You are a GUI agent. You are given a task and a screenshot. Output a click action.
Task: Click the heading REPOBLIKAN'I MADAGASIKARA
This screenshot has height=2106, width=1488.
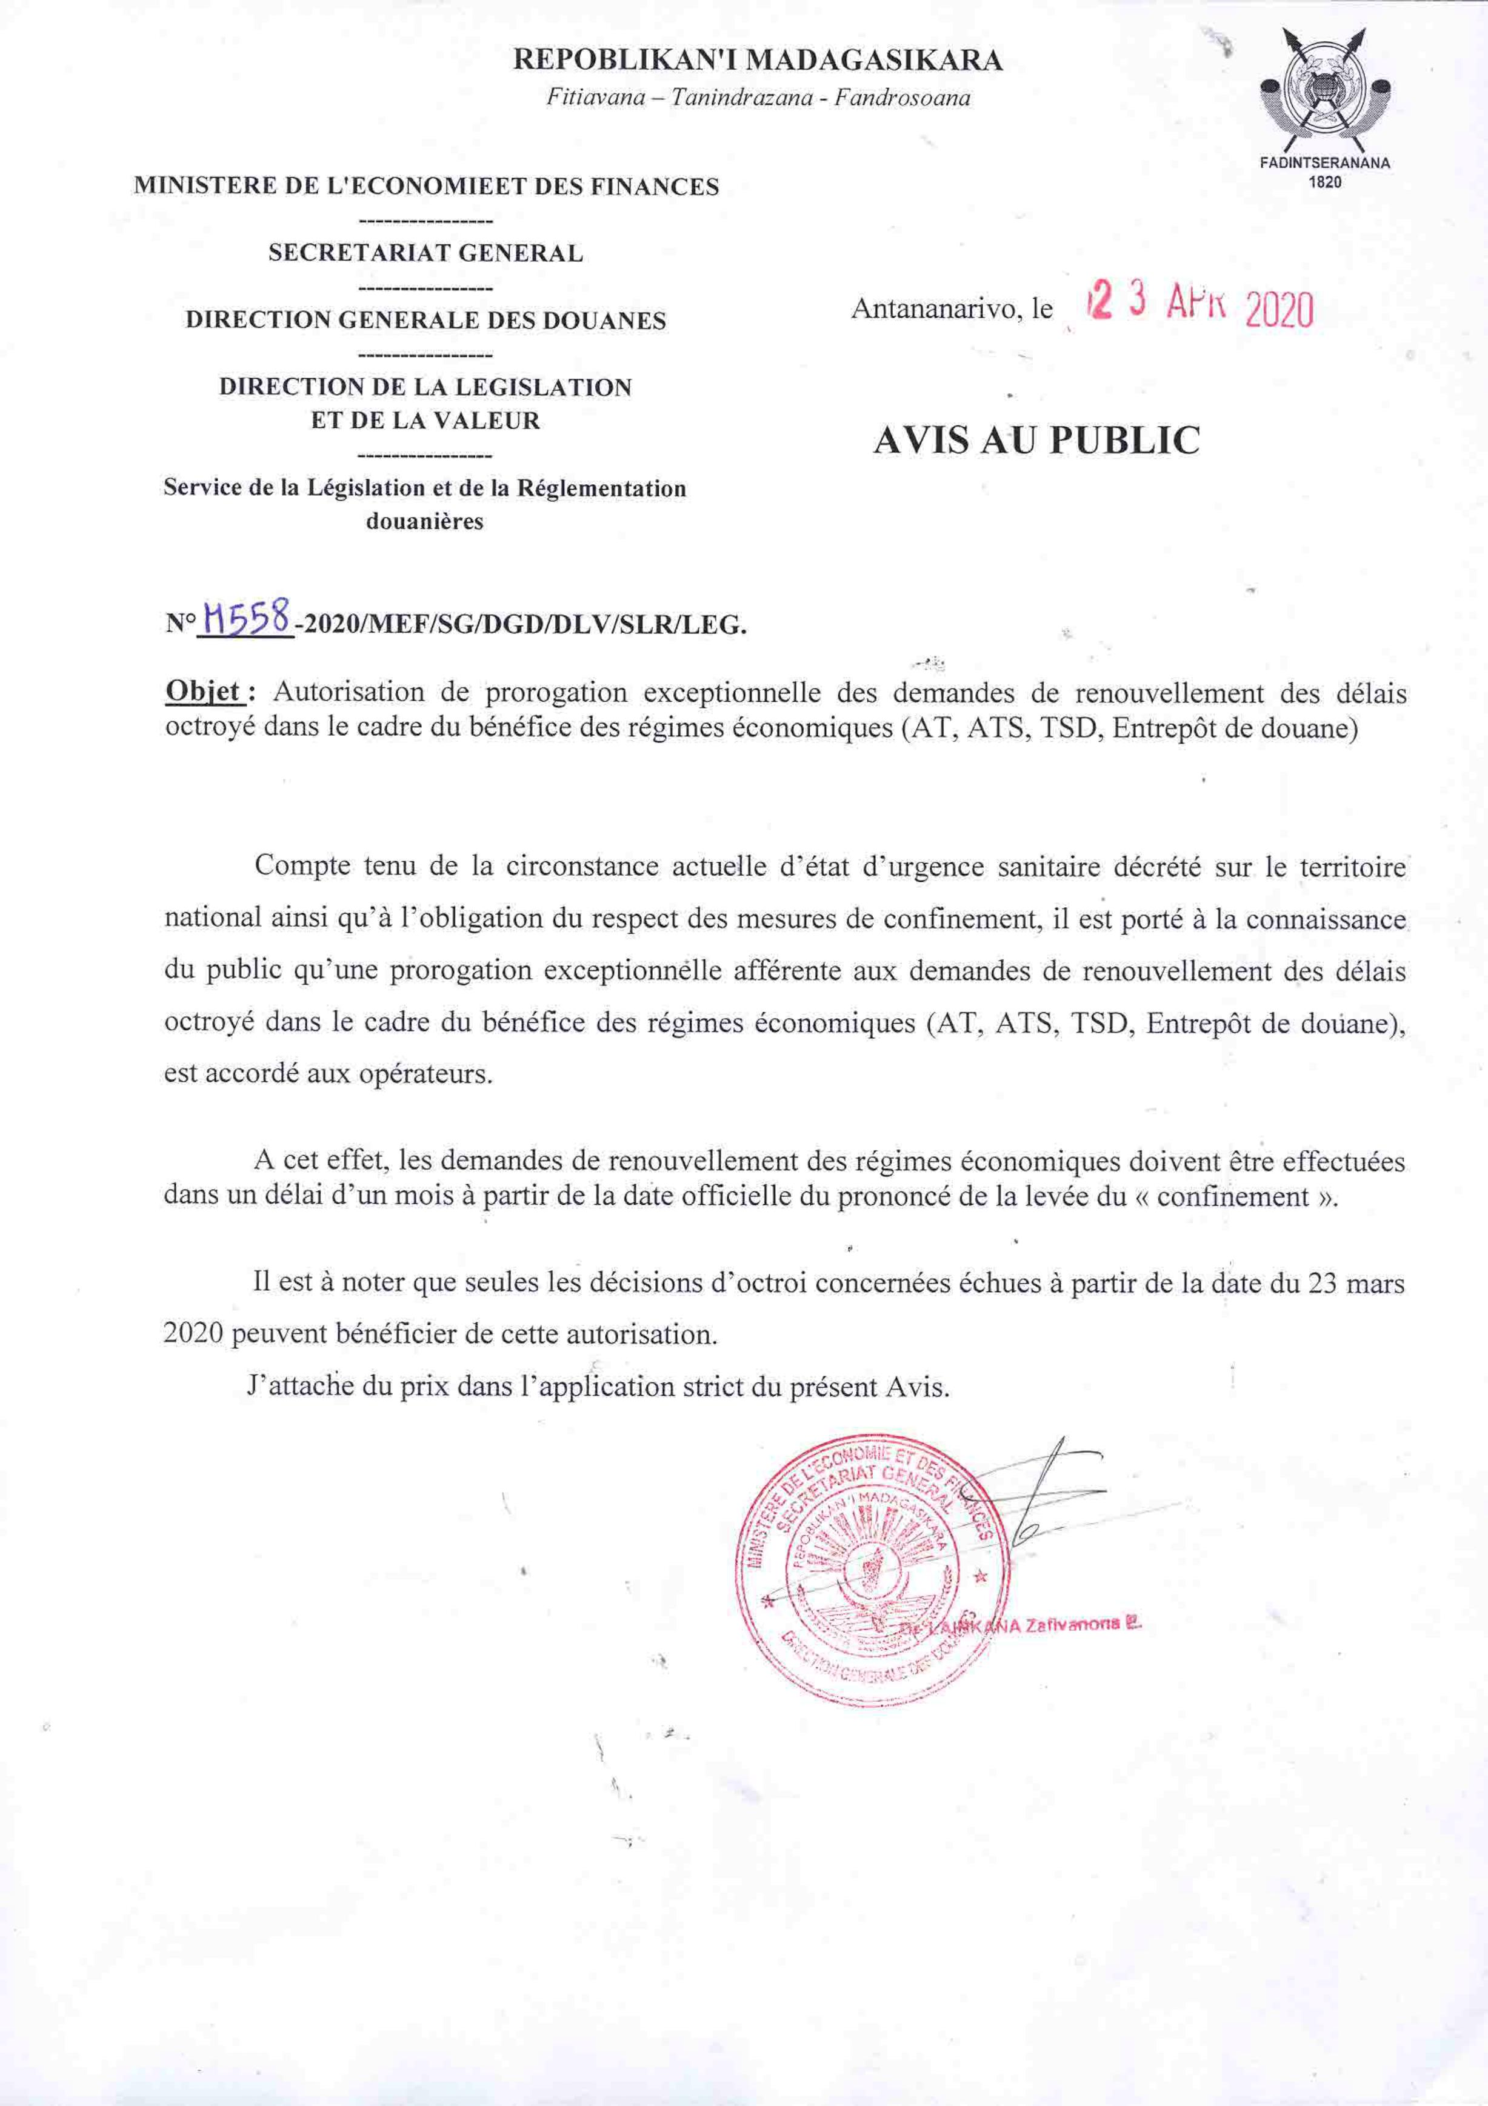tap(757, 61)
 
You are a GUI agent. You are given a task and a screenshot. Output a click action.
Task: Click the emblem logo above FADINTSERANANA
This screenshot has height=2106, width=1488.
tap(1325, 92)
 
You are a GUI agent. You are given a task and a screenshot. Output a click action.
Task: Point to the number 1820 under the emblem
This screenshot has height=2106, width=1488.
tap(1325, 182)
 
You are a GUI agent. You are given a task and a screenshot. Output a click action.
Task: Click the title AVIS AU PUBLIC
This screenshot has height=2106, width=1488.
tap(1036, 440)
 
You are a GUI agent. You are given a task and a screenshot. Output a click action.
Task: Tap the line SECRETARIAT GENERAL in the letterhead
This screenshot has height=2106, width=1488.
tap(425, 253)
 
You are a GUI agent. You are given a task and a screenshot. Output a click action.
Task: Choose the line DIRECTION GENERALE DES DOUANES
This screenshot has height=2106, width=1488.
tap(425, 320)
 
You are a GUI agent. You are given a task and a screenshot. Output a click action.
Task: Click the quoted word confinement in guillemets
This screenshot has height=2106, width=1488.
tap(1232, 1197)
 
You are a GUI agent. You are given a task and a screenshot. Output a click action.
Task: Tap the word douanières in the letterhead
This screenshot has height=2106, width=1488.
tap(425, 522)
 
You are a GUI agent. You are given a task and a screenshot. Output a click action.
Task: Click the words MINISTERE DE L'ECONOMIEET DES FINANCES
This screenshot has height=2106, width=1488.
tap(425, 186)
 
